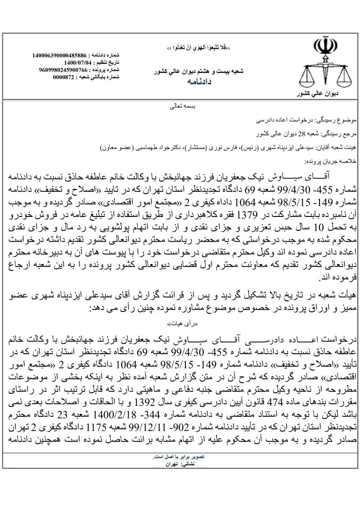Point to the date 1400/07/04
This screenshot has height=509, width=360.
point(78,63)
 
